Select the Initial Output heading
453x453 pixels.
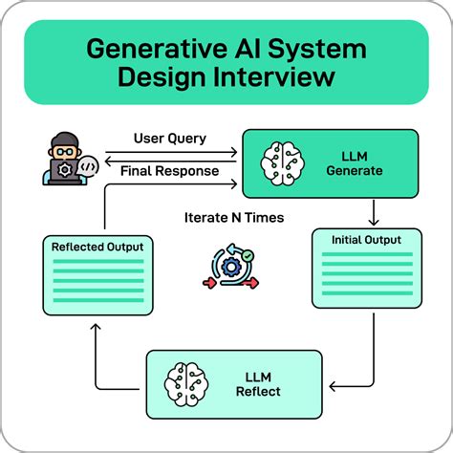[366, 239]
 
